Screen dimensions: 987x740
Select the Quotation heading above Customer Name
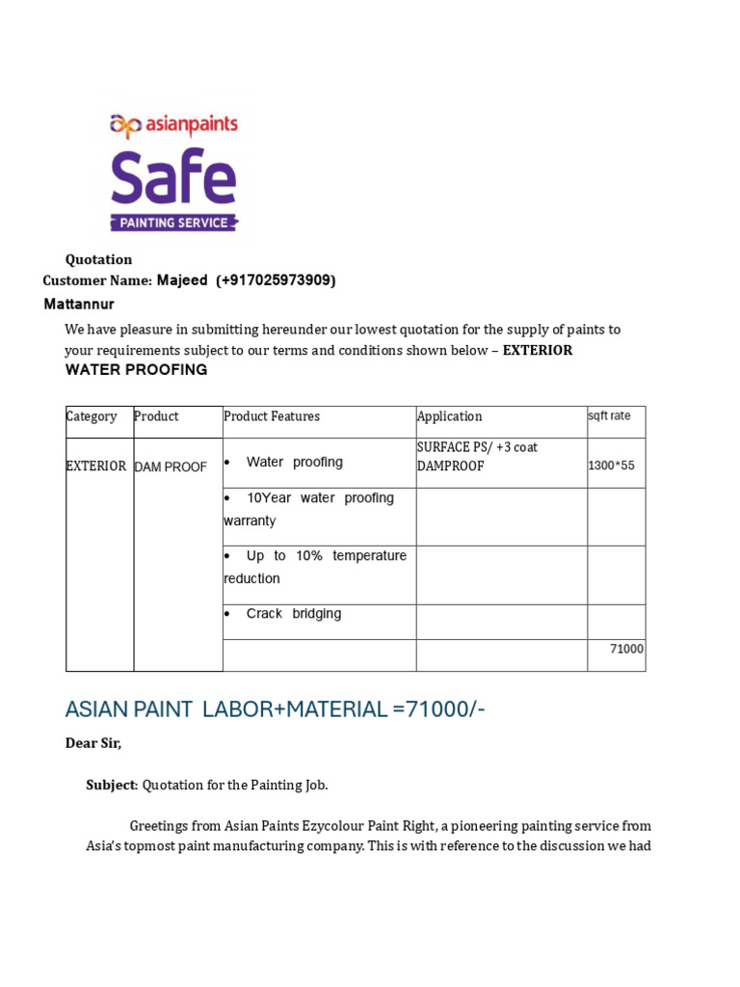point(98,259)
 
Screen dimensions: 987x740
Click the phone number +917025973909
point(276,280)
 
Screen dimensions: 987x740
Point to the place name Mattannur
point(79,305)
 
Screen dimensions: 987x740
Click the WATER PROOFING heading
point(136,370)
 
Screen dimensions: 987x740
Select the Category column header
point(92,416)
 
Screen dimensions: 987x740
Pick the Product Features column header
point(272,416)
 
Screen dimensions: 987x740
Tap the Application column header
point(450,416)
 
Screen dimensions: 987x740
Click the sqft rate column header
point(609,416)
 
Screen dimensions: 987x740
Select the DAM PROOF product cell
point(171,467)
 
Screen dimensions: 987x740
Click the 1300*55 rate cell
point(612,467)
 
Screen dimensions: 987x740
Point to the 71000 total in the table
point(626,650)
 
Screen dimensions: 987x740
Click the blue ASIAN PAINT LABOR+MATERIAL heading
point(276,710)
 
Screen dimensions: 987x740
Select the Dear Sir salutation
point(93,744)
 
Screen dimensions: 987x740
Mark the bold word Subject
point(112,786)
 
